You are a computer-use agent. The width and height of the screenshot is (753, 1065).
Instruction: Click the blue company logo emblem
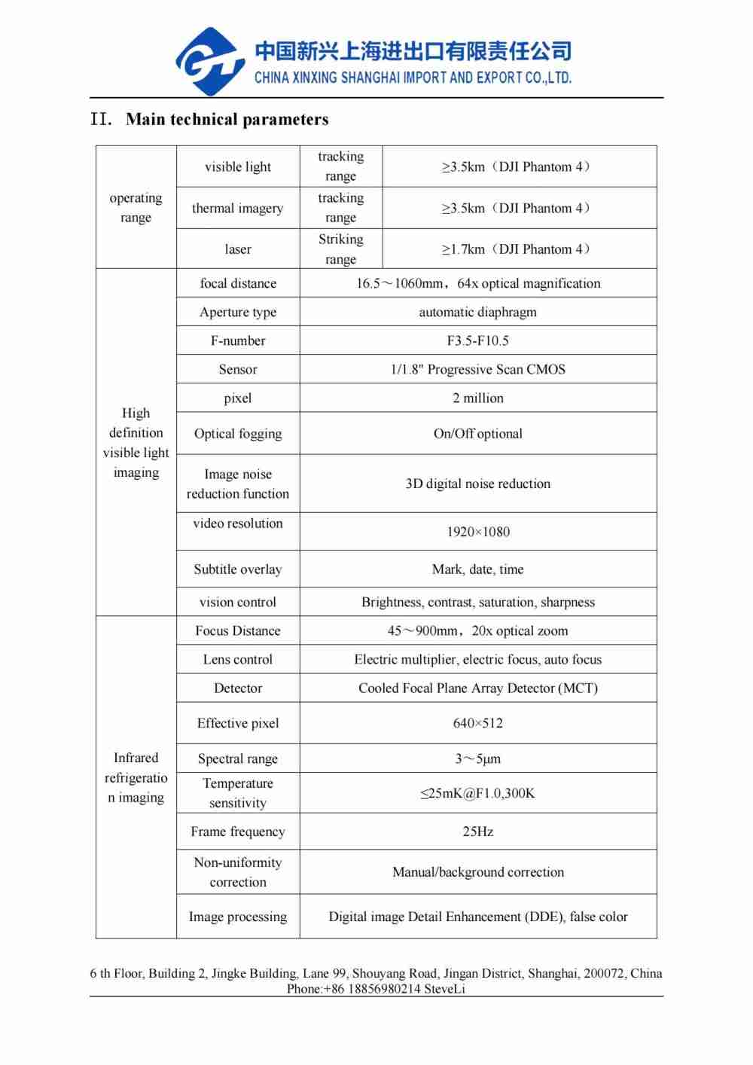point(209,62)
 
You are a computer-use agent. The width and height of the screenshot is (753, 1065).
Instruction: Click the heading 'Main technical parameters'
point(227,120)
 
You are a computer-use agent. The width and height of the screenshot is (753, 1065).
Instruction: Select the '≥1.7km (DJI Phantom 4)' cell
point(519,249)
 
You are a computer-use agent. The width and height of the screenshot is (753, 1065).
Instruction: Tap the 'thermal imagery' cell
point(238,208)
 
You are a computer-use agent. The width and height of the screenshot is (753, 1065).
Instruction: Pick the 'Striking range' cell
point(340,249)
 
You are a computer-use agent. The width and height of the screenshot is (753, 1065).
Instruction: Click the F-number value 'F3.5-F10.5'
point(477,340)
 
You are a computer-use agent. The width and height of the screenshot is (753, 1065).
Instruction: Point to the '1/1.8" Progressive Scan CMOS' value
point(477,369)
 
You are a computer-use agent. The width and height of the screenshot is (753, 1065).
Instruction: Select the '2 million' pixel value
point(477,398)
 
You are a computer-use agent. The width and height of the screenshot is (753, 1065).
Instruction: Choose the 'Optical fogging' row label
point(238,433)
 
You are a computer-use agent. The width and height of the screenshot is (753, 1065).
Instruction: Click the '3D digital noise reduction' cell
point(477,484)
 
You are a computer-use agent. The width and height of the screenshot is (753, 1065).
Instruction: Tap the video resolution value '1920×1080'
point(477,532)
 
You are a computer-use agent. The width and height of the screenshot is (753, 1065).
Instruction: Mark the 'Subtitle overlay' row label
point(238,569)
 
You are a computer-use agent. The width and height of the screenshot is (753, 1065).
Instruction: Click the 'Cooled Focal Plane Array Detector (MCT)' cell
point(477,688)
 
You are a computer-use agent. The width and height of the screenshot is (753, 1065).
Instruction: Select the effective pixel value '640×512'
point(477,723)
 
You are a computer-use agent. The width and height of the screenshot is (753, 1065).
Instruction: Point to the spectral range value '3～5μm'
point(477,758)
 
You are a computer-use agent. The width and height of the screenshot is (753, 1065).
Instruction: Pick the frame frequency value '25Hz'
point(477,832)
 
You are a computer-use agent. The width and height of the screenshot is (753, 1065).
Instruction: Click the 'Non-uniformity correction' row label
point(238,872)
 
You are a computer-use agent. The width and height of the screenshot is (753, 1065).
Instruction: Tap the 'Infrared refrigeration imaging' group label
point(136,777)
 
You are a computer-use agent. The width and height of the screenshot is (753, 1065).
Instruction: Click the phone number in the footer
point(354,989)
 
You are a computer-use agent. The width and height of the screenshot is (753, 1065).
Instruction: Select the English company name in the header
point(413,78)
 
